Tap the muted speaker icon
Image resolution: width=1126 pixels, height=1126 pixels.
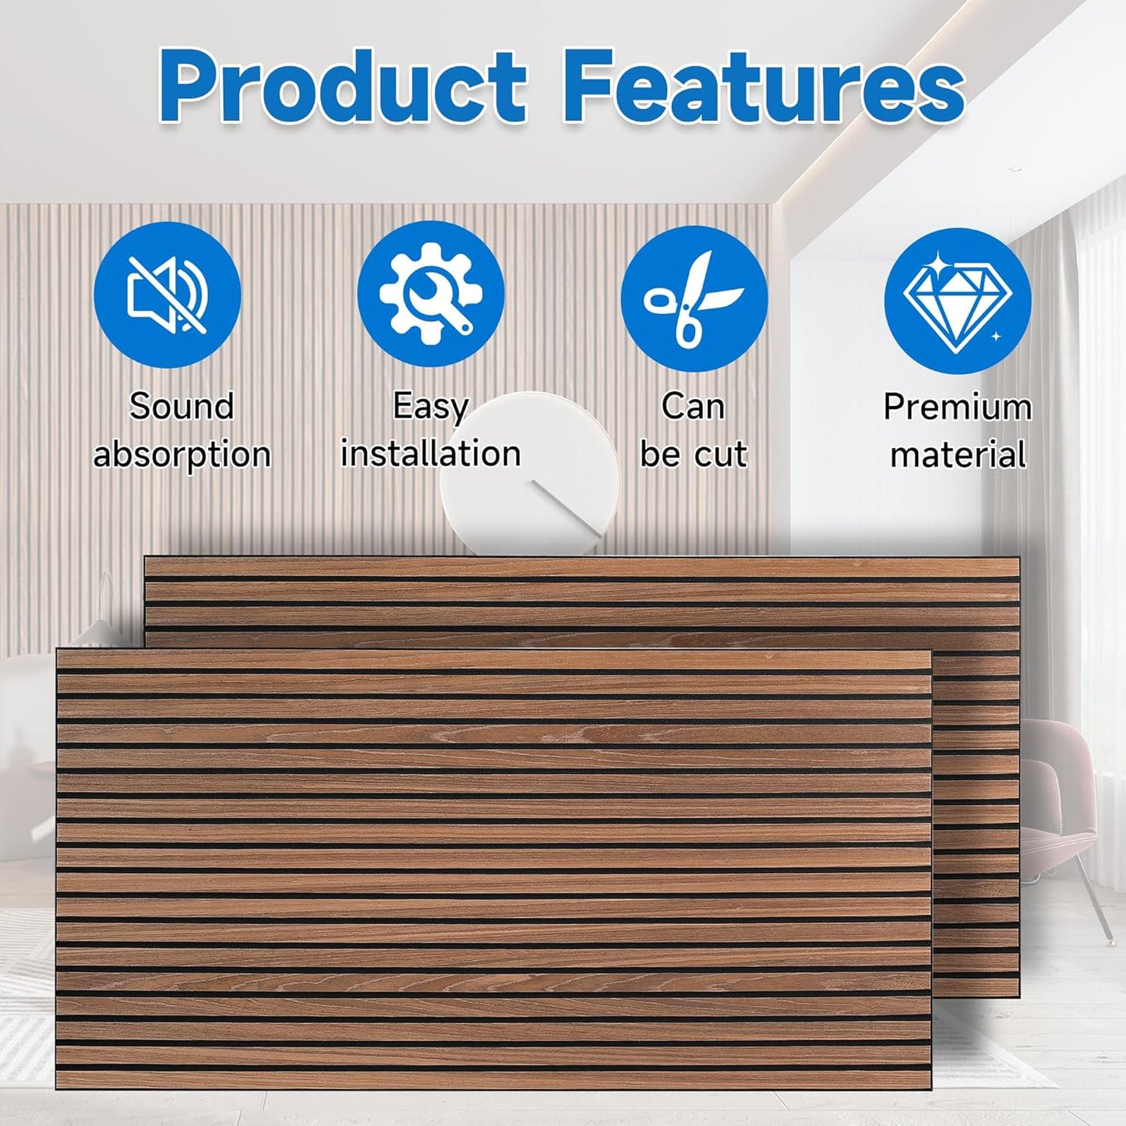point(168,295)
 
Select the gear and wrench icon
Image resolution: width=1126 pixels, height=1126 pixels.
point(430,294)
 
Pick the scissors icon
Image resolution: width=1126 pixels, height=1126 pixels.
point(694,298)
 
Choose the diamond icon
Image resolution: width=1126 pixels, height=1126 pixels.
point(957,301)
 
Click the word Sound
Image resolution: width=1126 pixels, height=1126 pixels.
point(181,407)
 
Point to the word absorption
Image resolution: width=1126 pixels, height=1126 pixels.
point(182,454)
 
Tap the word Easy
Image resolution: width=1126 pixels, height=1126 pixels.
point(430,406)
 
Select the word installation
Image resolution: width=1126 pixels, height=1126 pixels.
point(430,454)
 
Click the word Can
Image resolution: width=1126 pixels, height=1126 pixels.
point(693,407)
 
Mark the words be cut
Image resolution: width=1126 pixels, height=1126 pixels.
point(693,454)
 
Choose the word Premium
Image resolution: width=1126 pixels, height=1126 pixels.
point(957,407)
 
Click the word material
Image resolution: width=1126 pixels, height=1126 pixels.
point(958,454)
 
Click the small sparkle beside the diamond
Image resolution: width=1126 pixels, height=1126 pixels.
point(995,337)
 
